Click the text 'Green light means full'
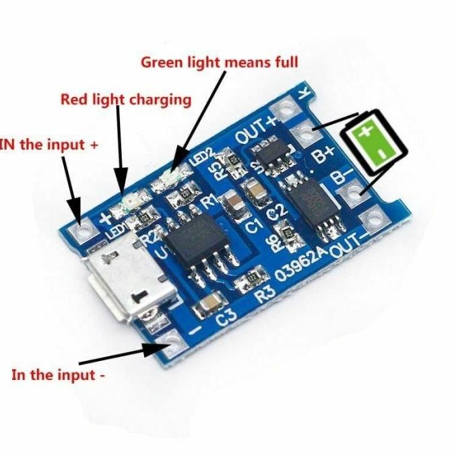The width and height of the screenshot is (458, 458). tap(219, 63)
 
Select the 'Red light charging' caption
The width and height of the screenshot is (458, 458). tap(126, 100)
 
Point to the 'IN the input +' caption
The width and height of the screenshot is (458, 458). tap(44, 144)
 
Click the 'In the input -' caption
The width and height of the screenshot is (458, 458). tap(58, 374)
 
